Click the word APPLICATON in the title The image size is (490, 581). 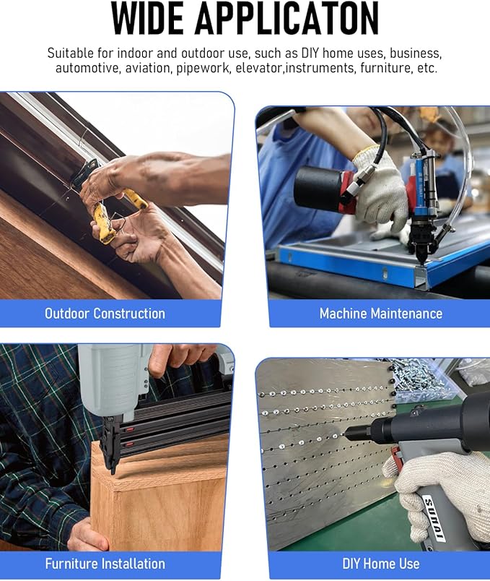coord(287,18)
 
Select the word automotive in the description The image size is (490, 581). coord(87,68)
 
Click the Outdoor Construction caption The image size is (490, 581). coord(105,314)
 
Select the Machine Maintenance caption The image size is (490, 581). coord(381,314)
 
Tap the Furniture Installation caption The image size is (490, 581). coord(105,564)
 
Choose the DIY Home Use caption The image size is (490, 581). coord(381,564)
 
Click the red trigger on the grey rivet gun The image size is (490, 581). coord(396,456)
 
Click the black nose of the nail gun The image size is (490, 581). coord(110,444)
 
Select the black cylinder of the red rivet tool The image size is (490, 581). coord(318,184)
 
